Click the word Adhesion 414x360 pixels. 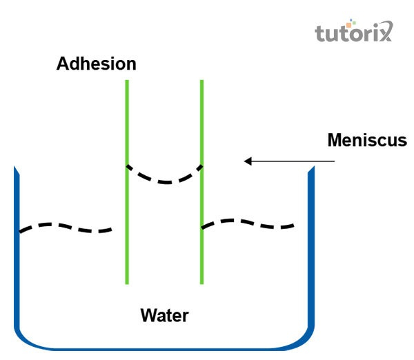[97, 64]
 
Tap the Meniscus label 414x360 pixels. [367, 140]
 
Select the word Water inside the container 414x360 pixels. [164, 316]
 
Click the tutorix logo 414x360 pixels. [353, 32]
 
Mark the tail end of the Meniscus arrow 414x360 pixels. [335, 161]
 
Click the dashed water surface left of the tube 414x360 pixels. [66, 226]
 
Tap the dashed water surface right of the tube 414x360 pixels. [248, 222]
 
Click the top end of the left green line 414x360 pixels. [127, 81]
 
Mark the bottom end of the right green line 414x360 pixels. [201, 283]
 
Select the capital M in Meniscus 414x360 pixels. [335, 140]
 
